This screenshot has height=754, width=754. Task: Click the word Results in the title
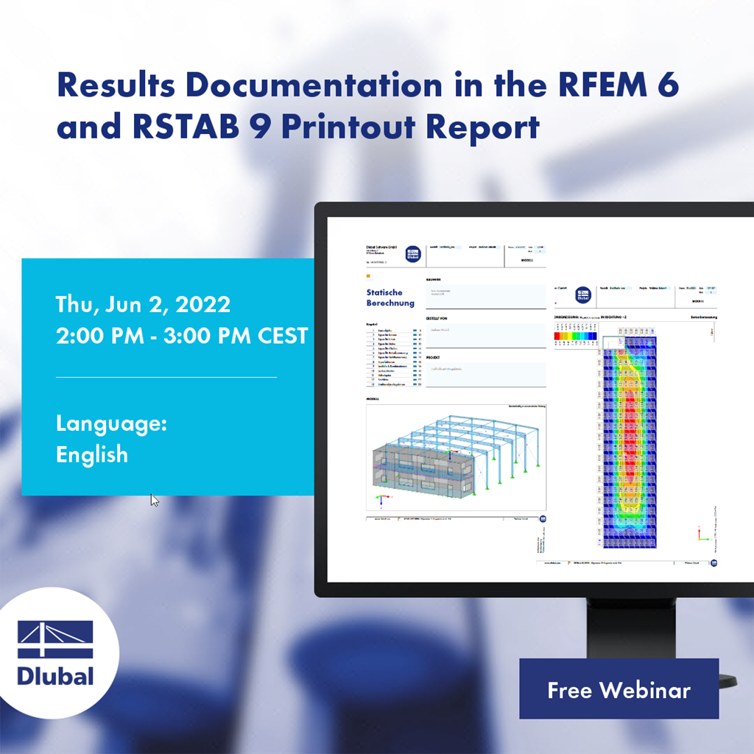[115, 86]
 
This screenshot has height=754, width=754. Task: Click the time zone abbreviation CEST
[282, 336]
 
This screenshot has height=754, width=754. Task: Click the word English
[92, 454]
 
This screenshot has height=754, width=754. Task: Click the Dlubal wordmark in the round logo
[56, 676]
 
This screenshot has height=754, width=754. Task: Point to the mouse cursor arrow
[154, 500]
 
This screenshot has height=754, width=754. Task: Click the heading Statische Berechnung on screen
[390, 297]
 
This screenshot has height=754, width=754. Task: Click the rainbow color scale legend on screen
[575, 337]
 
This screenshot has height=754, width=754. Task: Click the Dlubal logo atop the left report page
[413, 255]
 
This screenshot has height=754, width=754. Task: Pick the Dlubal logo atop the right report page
[583, 295]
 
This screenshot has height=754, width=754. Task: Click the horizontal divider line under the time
[166, 377]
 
